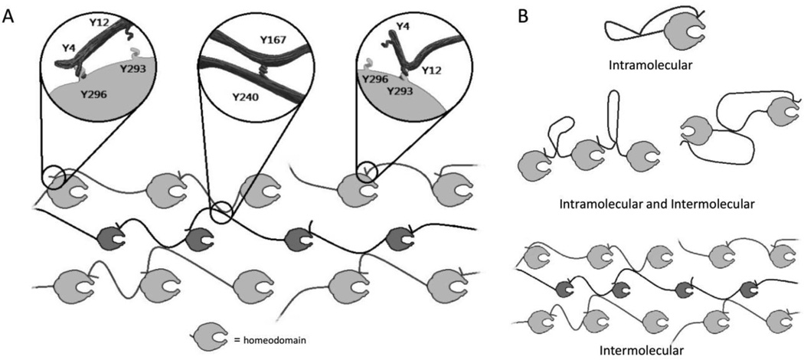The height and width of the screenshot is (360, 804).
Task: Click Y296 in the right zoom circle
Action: pos(375,79)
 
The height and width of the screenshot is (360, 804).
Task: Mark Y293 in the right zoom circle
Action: pos(399,90)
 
